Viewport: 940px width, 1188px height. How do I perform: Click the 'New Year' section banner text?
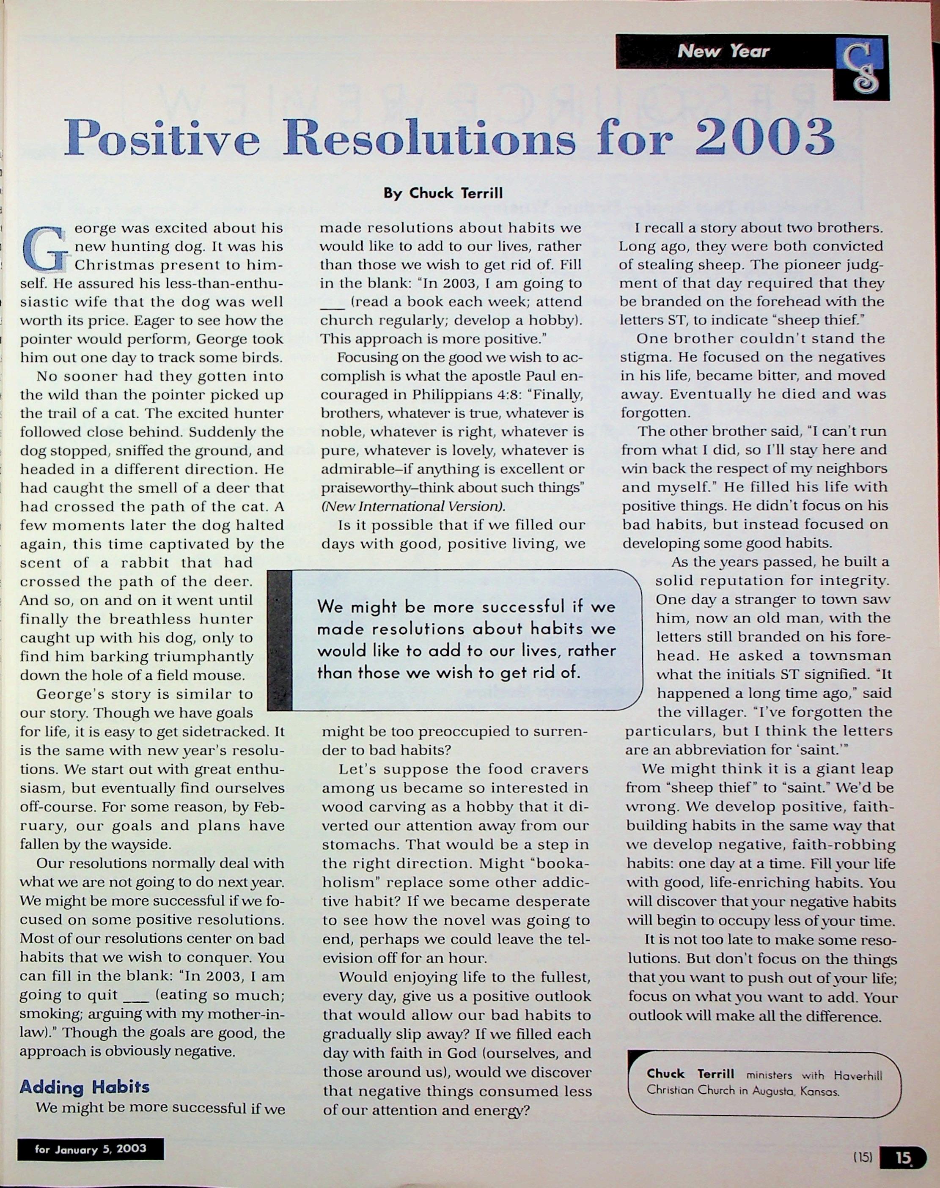point(723,52)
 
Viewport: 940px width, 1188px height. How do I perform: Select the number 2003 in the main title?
point(766,137)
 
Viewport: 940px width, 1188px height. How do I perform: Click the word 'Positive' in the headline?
point(161,137)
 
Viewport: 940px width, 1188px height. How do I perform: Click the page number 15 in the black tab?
point(903,1157)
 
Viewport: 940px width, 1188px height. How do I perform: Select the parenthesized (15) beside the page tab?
point(863,1157)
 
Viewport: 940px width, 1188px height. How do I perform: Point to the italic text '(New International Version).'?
point(413,506)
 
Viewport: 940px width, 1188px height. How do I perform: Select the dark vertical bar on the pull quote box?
point(280,640)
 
